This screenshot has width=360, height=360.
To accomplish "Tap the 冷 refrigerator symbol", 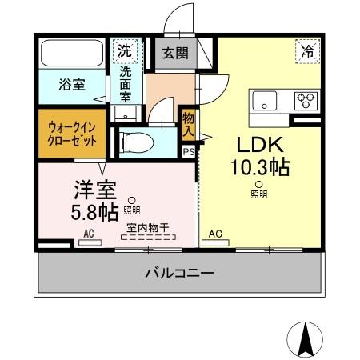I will pos(307,50).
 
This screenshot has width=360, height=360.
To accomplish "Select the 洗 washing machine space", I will pos(126,50).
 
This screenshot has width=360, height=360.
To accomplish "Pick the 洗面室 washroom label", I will pos(126,83).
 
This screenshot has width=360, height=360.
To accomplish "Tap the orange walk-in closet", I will pos(70,133).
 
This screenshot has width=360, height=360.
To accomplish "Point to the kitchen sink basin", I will pos(264,102).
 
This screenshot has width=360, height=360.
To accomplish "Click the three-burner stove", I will pos(305,101).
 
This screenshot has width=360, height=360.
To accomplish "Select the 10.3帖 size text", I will pos(259,168).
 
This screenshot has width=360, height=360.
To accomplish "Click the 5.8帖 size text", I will pos(94,211).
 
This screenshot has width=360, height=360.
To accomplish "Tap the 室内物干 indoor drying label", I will pos(146,227).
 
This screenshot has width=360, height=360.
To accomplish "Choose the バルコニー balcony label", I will pos(179,274).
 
